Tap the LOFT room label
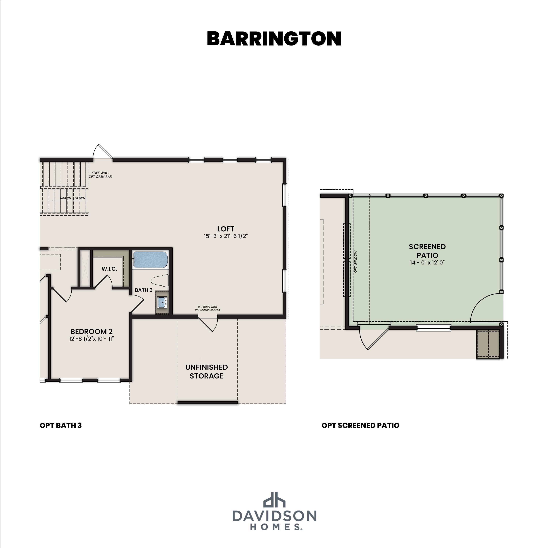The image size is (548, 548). point(225,229)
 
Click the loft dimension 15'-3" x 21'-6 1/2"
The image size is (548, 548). point(225,236)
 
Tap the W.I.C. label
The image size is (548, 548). point(109,269)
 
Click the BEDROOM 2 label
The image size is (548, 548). point(91,331)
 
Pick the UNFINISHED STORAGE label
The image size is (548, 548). point(206,371)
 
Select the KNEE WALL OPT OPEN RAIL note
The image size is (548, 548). point(100,174)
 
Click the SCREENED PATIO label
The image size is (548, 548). point(427,251)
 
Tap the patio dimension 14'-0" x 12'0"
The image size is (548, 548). point(427,262)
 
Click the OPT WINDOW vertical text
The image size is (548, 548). point(355,262)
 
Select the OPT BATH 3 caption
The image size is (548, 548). point(61,425)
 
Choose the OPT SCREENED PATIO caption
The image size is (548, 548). point(360,425)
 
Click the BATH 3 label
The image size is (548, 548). point(144,290)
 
